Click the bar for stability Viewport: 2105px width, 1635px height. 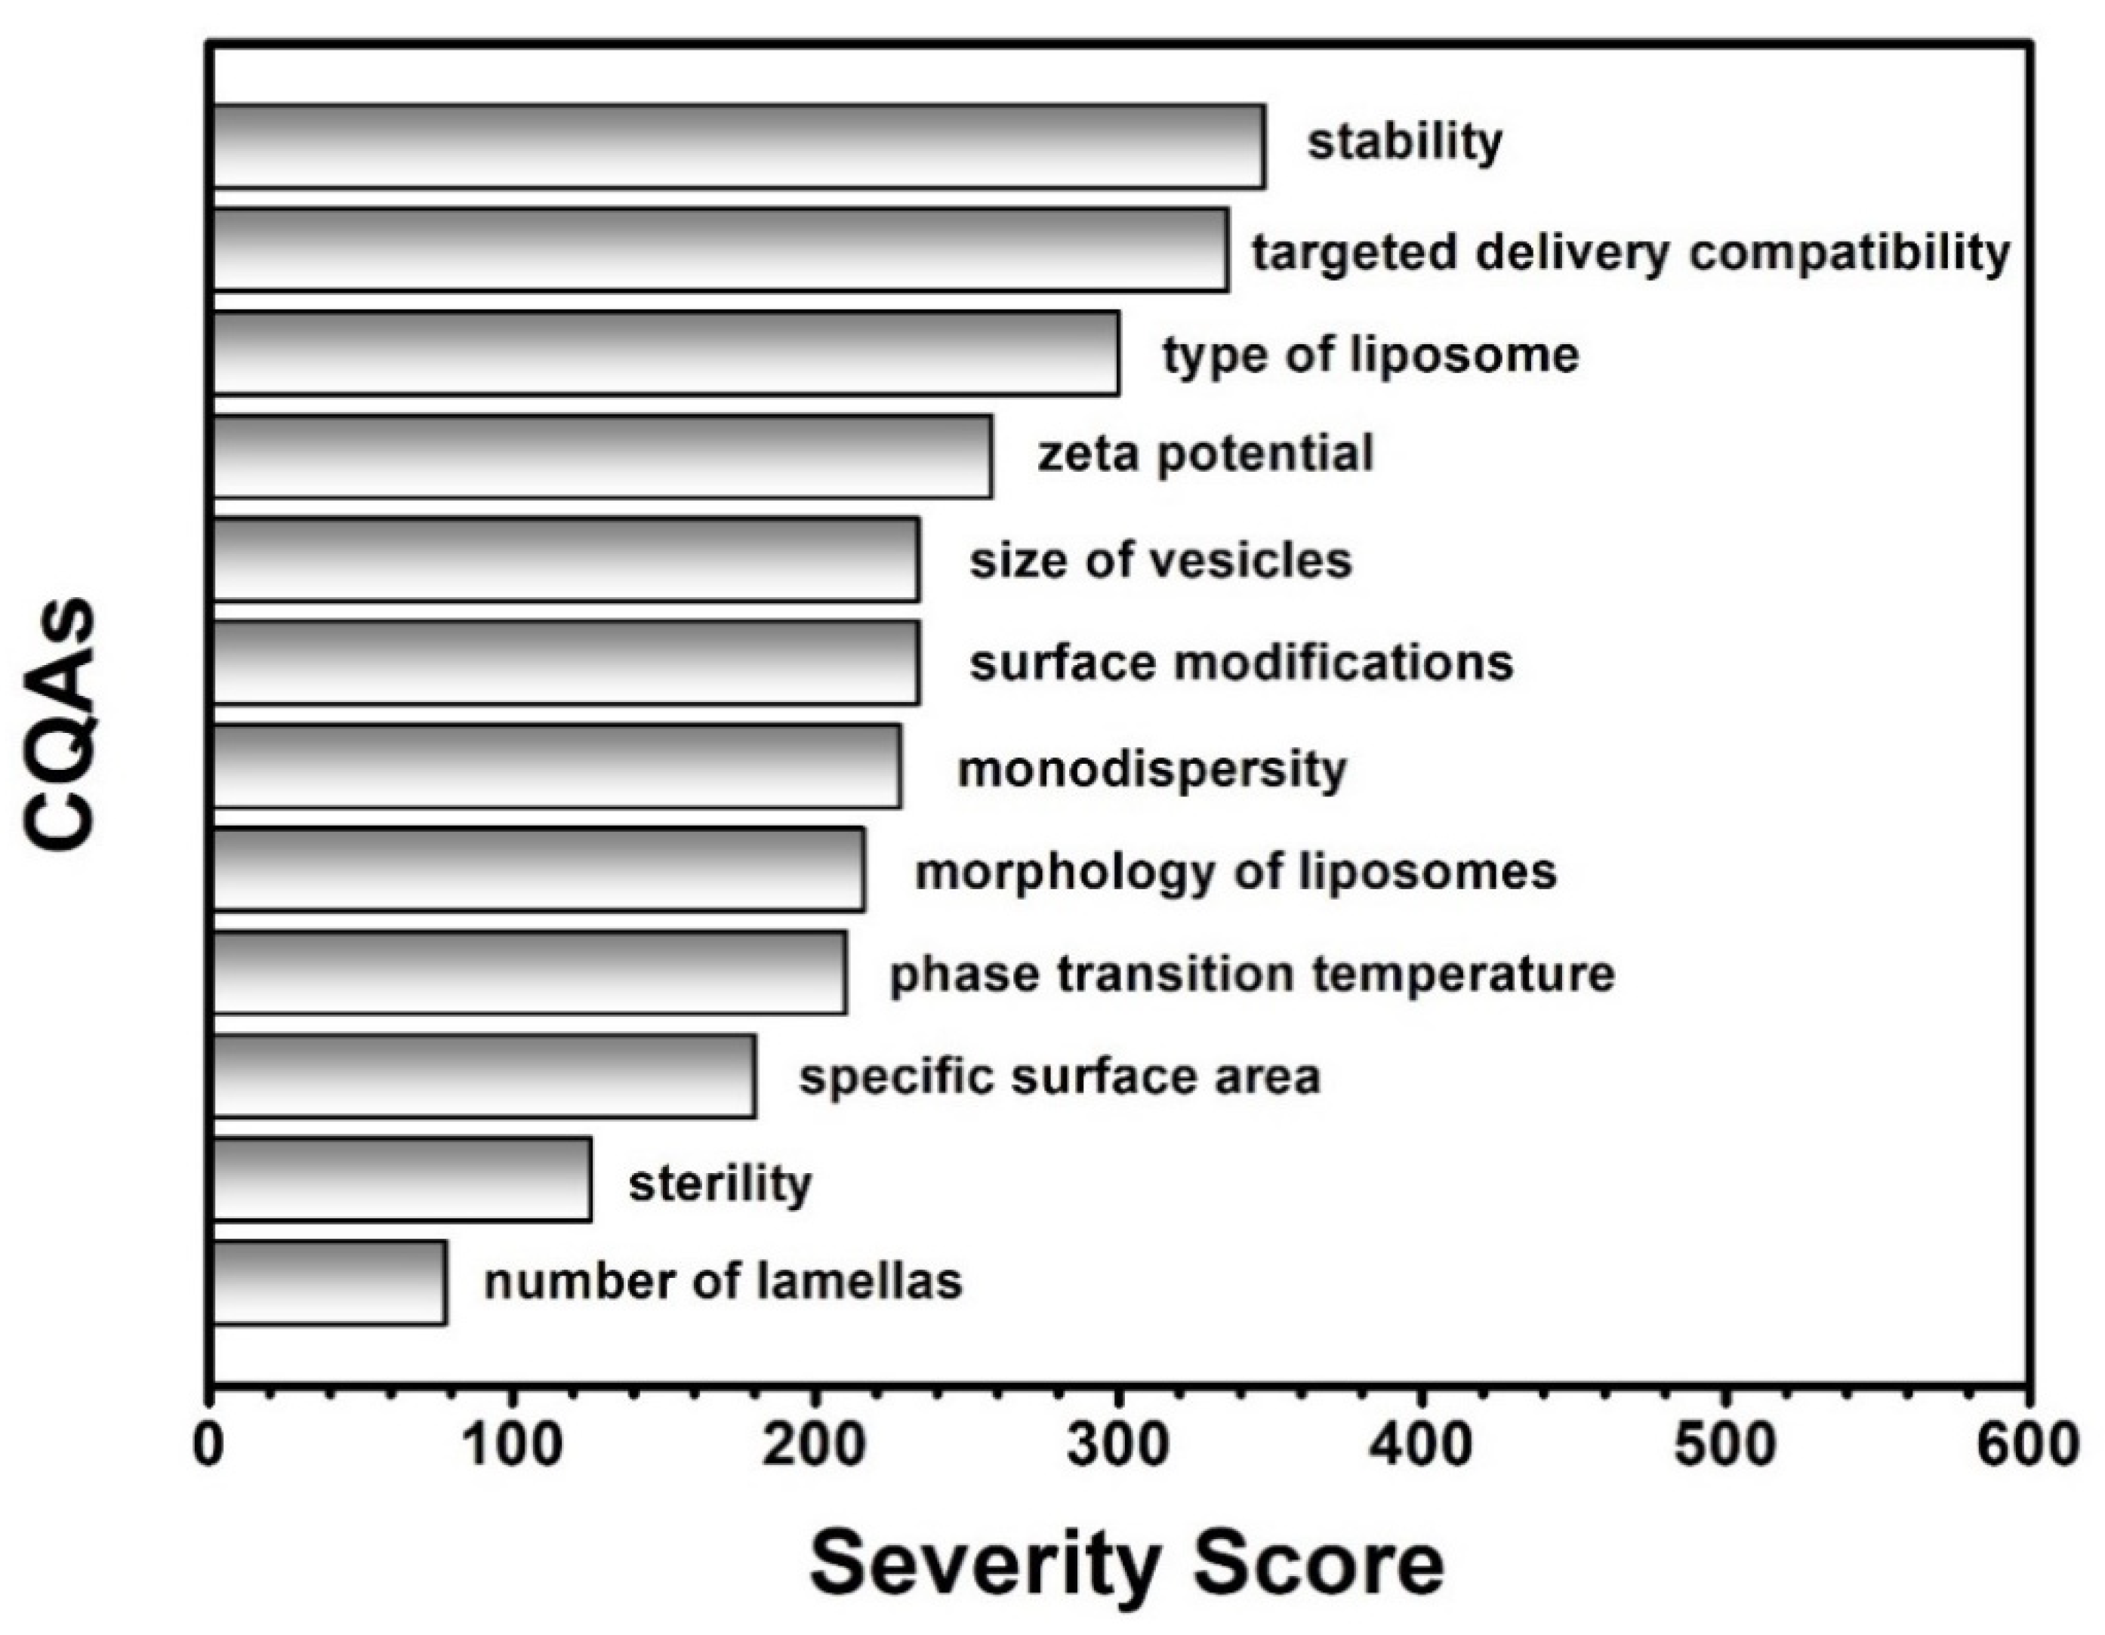point(738,146)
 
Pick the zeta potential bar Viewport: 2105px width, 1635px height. point(602,457)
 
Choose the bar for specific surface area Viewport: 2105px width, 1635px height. point(483,1076)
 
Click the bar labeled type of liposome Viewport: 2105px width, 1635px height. point(665,353)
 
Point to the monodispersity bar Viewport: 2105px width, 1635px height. point(556,766)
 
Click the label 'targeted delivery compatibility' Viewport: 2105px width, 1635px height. point(1631,252)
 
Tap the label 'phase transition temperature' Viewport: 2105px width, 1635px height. point(1251,974)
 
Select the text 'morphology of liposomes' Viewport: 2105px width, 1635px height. point(1234,872)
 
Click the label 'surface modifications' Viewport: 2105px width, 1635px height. point(1241,663)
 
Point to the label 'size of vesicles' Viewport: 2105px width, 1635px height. point(1160,560)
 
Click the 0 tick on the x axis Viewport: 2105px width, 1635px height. point(209,1446)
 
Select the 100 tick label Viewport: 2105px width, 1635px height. point(512,1446)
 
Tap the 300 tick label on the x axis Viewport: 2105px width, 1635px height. point(1118,1446)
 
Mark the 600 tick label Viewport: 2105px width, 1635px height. point(2027,1446)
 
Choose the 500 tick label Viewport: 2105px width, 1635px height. point(1724,1446)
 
